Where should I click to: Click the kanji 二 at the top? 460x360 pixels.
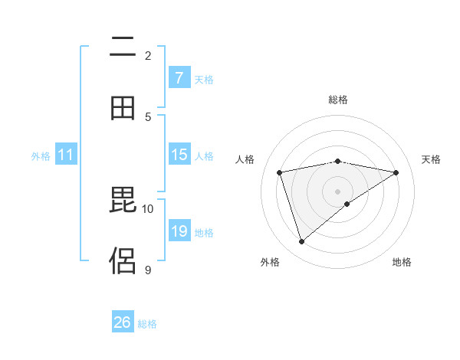(123, 48)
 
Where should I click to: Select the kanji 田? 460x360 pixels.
(123, 108)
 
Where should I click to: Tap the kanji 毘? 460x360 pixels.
(123, 201)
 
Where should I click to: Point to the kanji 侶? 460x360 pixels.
(123, 261)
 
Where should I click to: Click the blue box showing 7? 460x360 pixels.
(179, 78)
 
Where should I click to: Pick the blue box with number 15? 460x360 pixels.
(179, 155)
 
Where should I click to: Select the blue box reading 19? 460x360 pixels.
(179, 231)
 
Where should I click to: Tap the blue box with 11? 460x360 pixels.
(66, 155)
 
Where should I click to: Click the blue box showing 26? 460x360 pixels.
(123, 322)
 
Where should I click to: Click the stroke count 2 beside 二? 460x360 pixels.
(148, 56)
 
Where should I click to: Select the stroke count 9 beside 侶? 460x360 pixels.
(148, 269)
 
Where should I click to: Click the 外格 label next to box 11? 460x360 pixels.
(41, 155)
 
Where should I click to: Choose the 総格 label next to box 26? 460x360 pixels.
(147, 323)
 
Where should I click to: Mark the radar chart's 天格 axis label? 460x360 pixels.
(432, 159)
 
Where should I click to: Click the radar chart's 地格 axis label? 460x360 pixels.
(402, 262)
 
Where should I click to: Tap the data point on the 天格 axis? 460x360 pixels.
(396, 172)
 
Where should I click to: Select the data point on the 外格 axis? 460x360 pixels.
(301, 242)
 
